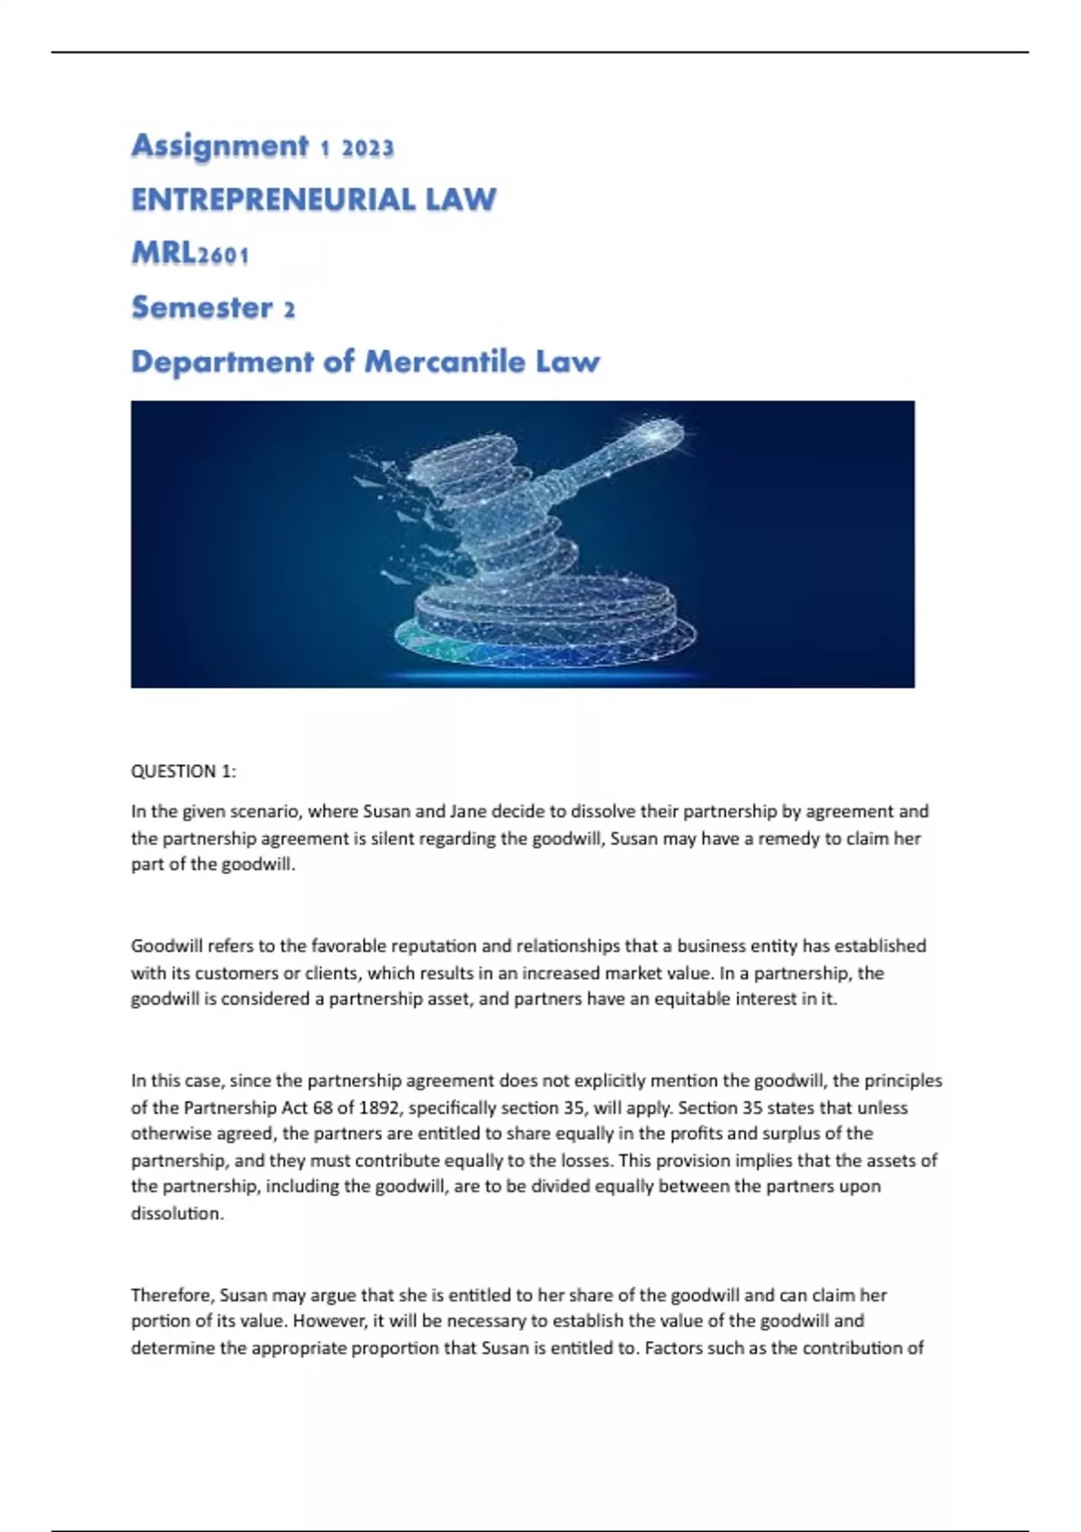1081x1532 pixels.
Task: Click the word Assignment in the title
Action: pyautogui.click(x=220, y=146)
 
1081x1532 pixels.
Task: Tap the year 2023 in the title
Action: pyautogui.click(x=368, y=148)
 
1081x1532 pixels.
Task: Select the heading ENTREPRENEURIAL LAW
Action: pyautogui.click(x=313, y=199)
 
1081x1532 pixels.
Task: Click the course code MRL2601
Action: pyautogui.click(x=190, y=254)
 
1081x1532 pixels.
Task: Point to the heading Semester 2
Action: pyautogui.click(x=213, y=308)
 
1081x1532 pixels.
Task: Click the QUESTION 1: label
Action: pyautogui.click(x=184, y=771)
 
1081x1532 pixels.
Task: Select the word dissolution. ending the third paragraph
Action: pyautogui.click(x=177, y=1214)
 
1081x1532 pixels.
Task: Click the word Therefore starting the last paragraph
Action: pyautogui.click(x=172, y=1295)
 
